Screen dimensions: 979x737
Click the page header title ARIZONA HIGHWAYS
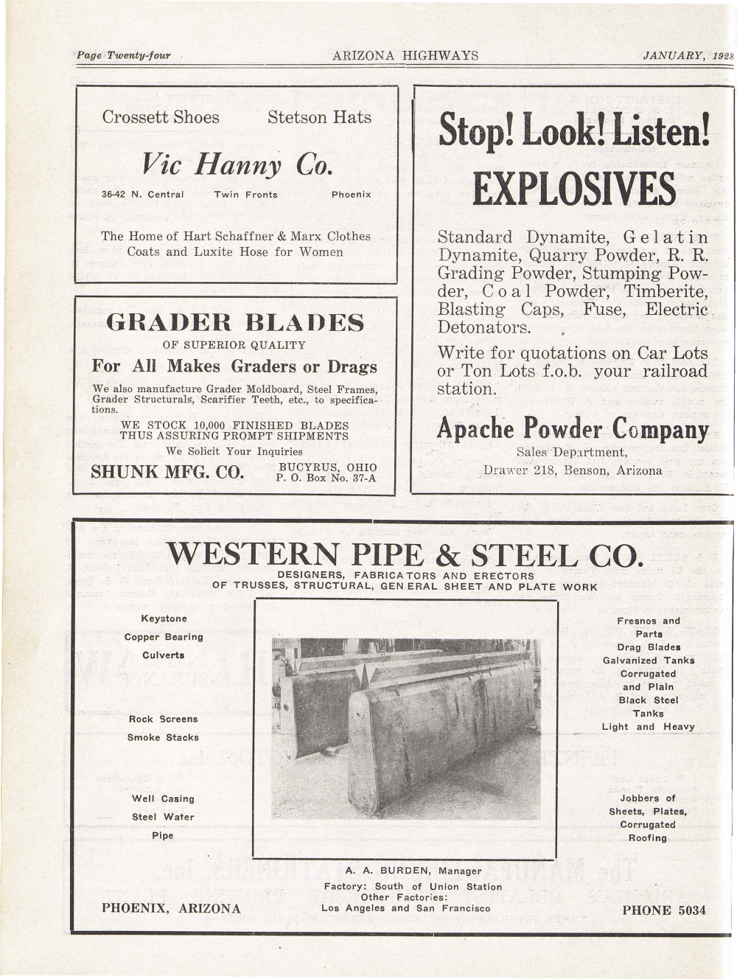click(x=405, y=56)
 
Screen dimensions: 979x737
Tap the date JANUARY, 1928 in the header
click(x=683, y=56)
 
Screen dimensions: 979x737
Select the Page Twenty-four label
click(x=124, y=56)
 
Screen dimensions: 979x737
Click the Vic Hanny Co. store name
click(x=237, y=163)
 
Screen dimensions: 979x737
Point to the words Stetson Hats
click(x=319, y=117)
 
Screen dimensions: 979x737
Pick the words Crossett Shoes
click(x=161, y=117)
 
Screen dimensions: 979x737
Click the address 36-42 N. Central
click(x=142, y=195)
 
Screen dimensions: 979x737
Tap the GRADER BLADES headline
click(x=235, y=322)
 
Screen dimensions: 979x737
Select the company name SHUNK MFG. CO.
click(x=167, y=472)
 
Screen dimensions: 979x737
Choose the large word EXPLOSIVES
click(x=574, y=189)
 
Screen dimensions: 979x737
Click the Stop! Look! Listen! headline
click(x=574, y=131)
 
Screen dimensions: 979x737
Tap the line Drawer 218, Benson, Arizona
click(x=573, y=470)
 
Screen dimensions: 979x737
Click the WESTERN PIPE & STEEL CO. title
click(x=405, y=554)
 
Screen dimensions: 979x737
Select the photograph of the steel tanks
click(x=405, y=728)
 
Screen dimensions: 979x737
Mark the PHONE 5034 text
click(x=663, y=910)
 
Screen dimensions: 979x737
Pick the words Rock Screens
click(x=163, y=719)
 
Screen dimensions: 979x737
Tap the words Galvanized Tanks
click(x=649, y=661)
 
